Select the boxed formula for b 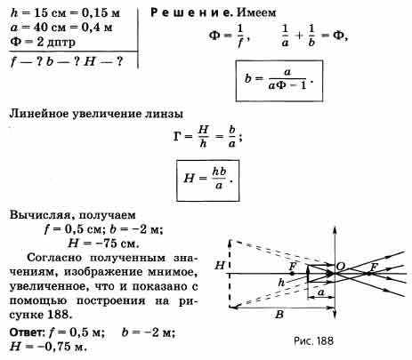pyautogui.click(x=279, y=81)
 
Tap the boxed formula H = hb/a pyautogui.click(x=207, y=180)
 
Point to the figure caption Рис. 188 pyautogui.click(x=313, y=340)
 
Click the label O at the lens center pyautogui.click(x=341, y=267)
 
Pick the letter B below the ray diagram pyautogui.click(x=279, y=315)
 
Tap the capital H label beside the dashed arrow pyautogui.click(x=220, y=265)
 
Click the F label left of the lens pyautogui.click(x=293, y=266)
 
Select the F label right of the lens pyautogui.click(x=374, y=267)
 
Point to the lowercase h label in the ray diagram pyautogui.click(x=281, y=283)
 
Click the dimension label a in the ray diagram pyautogui.click(x=321, y=292)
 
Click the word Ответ pyautogui.click(x=27, y=332)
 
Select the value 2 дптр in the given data pyautogui.click(x=56, y=42)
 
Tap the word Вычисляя pyautogui.click(x=41, y=215)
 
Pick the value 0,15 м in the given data pyautogui.click(x=101, y=13)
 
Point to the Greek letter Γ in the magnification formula pyautogui.click(x=177, y=137)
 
